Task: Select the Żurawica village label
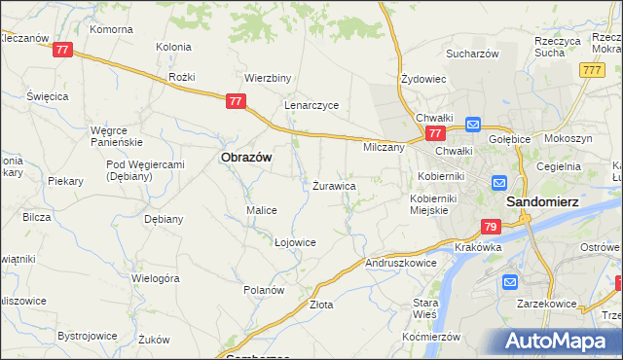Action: coord(333,185)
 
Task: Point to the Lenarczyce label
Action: coord(311,105)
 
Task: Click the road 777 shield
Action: coord(590,70)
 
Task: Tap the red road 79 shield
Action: coord(491,227)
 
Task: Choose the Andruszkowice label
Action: coord(401,263)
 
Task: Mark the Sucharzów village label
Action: coord(473,54)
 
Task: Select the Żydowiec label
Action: coord(423,79)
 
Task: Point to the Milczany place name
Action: coord(383,147)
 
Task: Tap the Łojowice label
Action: coord(295,242)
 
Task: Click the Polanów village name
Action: coord(263,290)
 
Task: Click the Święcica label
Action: coord(47,96)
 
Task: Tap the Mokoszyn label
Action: coord(568,139)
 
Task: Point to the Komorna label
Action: coord(111,29)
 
